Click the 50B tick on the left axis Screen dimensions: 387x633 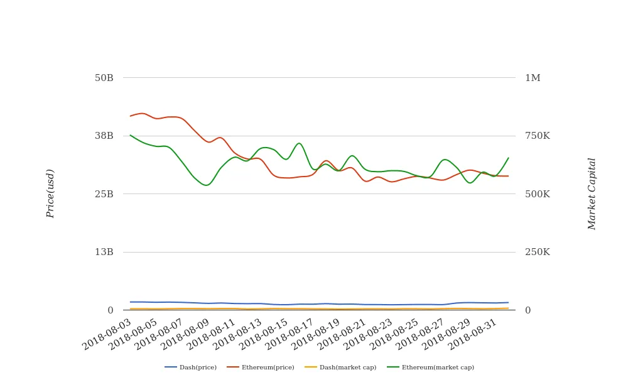coord(104,78)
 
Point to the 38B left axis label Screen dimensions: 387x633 coord(104,136)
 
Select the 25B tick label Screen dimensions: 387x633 coord(104,194)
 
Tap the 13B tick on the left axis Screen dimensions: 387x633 coord(104,252)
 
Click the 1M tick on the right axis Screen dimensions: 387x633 coord(533,78)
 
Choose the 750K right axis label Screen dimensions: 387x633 coord(537,136)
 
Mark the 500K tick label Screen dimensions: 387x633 coord(537,194)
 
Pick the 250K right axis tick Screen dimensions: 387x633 coord(537,252)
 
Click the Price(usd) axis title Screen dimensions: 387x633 coord(51,193)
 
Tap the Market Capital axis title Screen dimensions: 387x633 coord(592,193)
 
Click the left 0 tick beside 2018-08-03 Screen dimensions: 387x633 coord(110,310)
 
